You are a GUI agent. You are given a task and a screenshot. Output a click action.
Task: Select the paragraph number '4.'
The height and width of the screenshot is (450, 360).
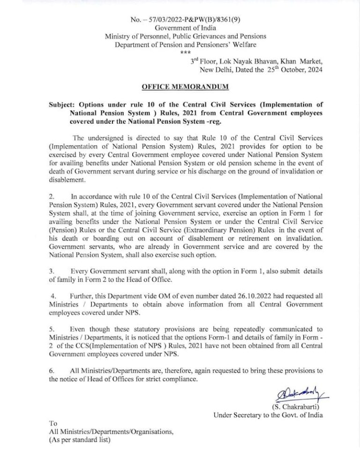(53, 297)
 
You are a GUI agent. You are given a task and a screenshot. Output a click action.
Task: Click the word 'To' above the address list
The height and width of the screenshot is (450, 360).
(53, 423)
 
